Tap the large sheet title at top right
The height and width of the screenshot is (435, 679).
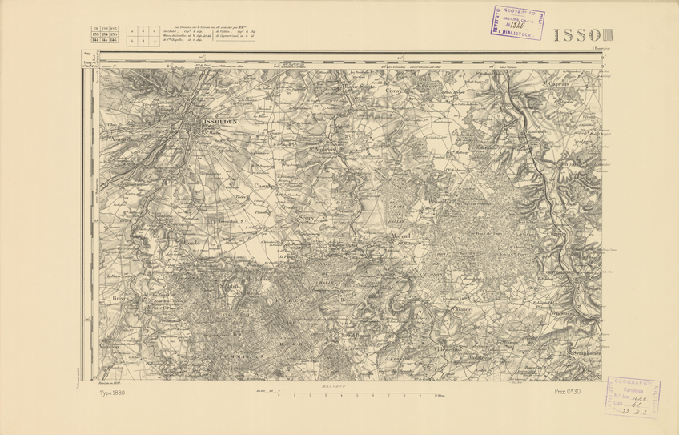pyautogui.click(x=579, y=36)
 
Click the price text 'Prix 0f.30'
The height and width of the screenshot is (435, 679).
pyautogui.click(x=567, y=392)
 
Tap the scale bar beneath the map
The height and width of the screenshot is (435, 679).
pyautogui.click(x=345, y=395)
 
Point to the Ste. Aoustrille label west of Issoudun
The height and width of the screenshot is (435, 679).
pyautogui.click(x=116, y=135)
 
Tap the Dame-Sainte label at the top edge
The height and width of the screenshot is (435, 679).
pyautogui.click(x=359, y=87)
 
